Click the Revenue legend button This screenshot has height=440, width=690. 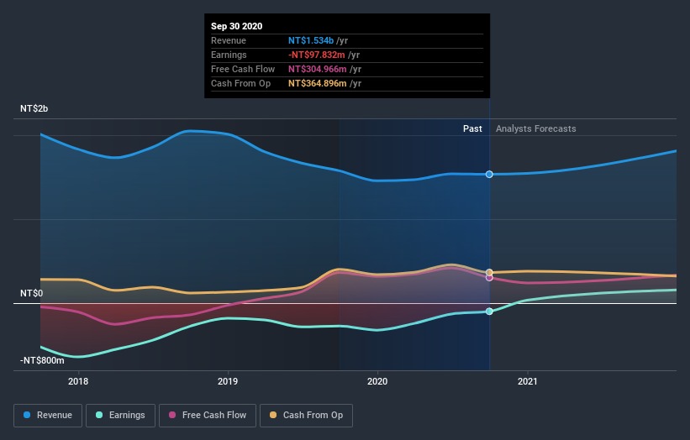coord(49,415)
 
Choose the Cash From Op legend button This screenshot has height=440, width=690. coord(307,415)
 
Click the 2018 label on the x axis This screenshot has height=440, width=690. coord(78,382)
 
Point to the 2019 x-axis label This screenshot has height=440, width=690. coord(228,382)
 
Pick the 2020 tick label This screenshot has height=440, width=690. coord(377,382)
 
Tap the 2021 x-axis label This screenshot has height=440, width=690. coord(527,382)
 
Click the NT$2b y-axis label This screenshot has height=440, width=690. coord(34,109)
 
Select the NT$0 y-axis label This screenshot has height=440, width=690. coord(32,294)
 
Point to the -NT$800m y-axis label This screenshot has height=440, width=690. coord(42,360)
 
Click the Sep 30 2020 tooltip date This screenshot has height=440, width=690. coord(236,26)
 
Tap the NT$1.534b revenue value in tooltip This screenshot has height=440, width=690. coord(311,40)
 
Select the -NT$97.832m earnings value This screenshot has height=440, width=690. coord(313,55)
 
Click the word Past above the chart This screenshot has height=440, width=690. coord(472,128)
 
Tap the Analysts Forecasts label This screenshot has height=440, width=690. coord(536,128)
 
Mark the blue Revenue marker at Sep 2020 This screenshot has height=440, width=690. coord(489,174)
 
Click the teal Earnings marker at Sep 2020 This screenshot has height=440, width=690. coord(489,312)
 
